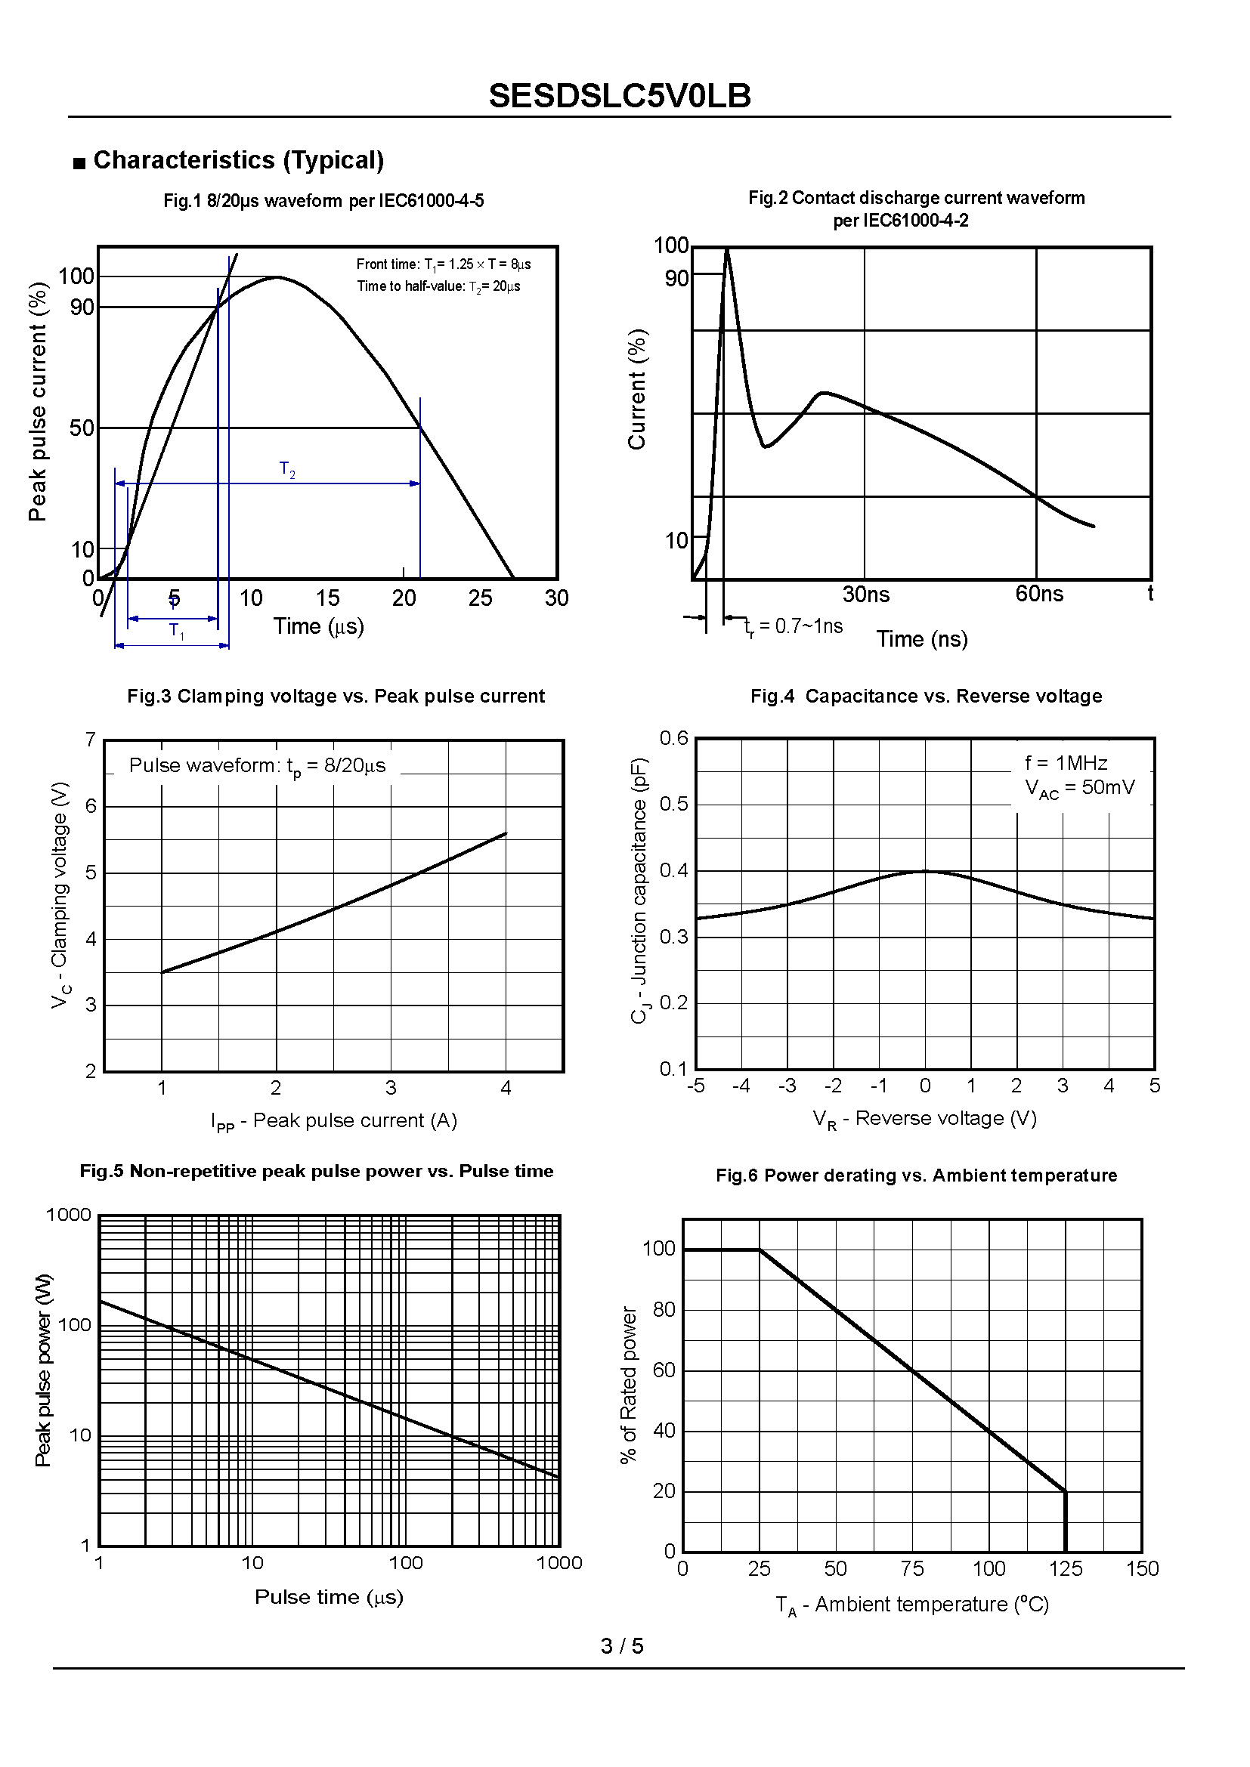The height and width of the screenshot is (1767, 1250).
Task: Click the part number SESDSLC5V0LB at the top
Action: click(x=620, y=96)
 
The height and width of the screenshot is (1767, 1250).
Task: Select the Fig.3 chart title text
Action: click(x=336, y=696)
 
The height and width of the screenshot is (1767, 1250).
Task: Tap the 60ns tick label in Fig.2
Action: click(x=1038, y=593)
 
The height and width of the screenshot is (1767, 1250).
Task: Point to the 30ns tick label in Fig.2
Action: click(x=866, y=594)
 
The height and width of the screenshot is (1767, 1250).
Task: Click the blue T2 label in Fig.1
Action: click(x=287, y=469)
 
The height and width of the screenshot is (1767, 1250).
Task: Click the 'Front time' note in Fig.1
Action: click(x=444, y=264)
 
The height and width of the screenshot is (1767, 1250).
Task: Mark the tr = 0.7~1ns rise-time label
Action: click(x=794, y=626)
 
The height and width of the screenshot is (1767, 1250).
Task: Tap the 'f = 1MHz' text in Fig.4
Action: click(x=1066, y=763)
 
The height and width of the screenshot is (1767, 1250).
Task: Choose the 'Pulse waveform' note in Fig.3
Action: click(x=257, y=766)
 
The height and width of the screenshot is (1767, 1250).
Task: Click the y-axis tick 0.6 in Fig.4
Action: click(x=673, y=738)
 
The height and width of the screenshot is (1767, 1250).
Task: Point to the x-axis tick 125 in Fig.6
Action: click(x=1066, y=1568)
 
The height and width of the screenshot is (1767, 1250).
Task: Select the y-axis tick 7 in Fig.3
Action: click(x=91, y=740)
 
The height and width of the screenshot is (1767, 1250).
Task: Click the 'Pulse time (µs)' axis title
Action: click(x=329, y=1597)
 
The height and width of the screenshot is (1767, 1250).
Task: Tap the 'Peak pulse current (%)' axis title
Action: click(x=37, y=402)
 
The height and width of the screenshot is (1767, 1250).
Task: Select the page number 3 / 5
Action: click(x=622, y=1645)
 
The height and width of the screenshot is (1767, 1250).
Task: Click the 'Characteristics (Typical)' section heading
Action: click(x=238, y=160)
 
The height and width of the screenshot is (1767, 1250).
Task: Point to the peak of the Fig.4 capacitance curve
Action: click(x=925, y=871)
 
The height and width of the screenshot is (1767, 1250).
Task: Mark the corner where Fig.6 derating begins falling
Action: click(x=760, y=1250)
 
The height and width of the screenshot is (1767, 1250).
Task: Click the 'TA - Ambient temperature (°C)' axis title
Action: click(x=912, y=1605)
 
